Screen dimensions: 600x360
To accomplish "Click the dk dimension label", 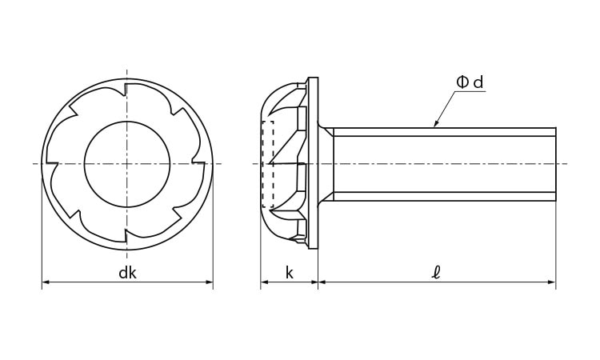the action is point(127,273).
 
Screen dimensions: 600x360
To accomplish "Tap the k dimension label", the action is point(290,273).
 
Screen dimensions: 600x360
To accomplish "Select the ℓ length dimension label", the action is point(436,273).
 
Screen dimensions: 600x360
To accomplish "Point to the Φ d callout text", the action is point(470,82).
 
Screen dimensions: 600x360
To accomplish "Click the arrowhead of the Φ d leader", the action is point(435,123).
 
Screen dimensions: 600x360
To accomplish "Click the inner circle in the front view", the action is point(127,122).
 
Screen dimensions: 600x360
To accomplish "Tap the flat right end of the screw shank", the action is point(556,165).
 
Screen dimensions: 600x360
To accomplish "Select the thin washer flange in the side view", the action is point(314,163).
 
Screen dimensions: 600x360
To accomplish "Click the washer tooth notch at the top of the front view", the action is point(125,89).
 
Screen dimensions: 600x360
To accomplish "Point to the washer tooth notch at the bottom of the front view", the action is point(126,236).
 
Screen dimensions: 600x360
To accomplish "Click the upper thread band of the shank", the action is point(445,132).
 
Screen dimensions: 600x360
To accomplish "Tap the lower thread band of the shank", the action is point(445,197).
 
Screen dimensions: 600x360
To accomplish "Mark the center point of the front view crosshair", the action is point(127,164).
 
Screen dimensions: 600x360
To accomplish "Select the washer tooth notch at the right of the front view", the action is point(198,162).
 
